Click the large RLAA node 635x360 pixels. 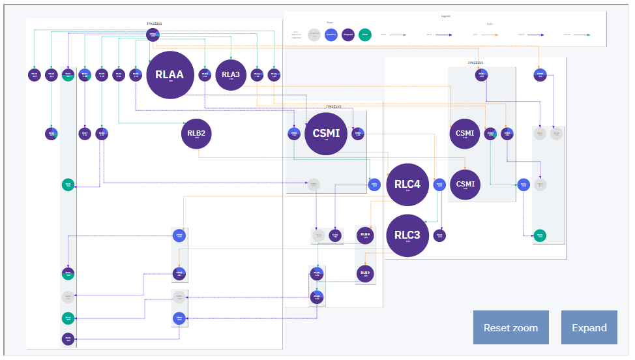(170, 74)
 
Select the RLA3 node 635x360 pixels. (231, 74)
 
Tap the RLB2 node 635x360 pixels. (196, 134)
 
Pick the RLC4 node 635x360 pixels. (407, 185)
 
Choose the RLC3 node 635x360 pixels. (407, 235)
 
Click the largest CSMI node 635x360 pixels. (326, 134)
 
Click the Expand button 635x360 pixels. (589, 327)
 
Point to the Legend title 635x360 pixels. (445, 16)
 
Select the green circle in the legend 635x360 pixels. (365, 34)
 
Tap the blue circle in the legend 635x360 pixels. (332, 34)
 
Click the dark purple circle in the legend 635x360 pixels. (349, 34)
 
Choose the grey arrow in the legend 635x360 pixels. (399, 34)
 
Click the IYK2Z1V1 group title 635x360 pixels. (155, 23)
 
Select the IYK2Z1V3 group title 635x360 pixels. (475, 63)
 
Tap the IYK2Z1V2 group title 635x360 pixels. (334, 106)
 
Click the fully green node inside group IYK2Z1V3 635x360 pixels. (539, 235)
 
